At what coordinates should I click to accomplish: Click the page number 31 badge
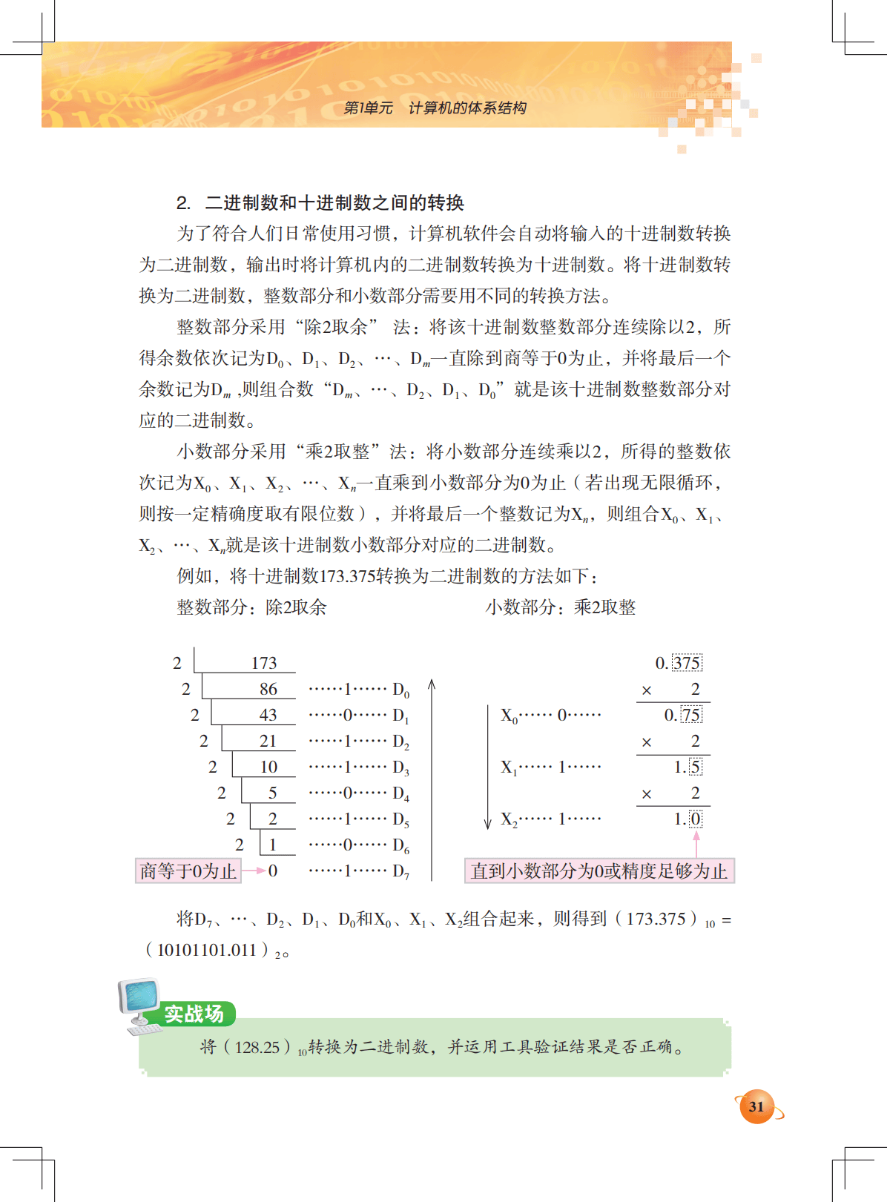click(x=756, y=1107)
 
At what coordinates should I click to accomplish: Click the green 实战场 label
click(x=194, y=1014)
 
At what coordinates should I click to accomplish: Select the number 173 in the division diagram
click(x=264, y=663)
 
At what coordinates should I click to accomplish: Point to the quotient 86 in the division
click(x=268, y=689)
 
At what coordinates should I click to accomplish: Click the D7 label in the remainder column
click(x=400, y=871)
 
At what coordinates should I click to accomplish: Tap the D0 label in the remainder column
click(x=400, y=690)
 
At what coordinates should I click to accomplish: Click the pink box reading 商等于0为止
click(x=188, y=871)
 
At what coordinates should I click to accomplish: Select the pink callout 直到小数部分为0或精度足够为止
click(x=599, y=871)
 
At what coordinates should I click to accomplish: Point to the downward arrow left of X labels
click(x=487, y=767)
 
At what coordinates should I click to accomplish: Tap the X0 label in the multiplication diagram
click(x=509, y=716)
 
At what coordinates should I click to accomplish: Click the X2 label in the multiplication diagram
click(x=509, y=819)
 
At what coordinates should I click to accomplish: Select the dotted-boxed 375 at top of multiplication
click(x=687, y=663)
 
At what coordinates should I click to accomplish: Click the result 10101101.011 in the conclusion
click(x=207, y=950)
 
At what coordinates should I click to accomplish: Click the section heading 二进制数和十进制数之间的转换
click(x=334, y=202)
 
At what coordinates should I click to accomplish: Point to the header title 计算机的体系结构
click(x=467, y=108)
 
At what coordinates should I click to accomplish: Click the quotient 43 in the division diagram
click(x=268, y=715)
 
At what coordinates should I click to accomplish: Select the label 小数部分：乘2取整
click(x=561, y=607)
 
